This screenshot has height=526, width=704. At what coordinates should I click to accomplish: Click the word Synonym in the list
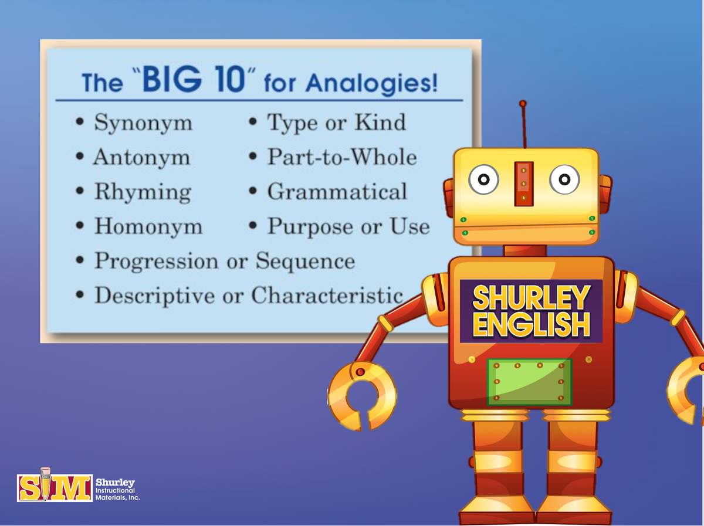(x=143, y=123)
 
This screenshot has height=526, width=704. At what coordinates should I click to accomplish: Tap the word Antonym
(x=141, y=158)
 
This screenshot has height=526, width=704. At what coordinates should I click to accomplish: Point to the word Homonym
(x=148, y=227)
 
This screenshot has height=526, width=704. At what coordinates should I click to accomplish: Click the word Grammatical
(x=337, y=192)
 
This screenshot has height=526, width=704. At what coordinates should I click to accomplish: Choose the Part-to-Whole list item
(x=342, y=157)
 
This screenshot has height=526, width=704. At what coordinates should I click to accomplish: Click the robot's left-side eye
(x=483, y=180)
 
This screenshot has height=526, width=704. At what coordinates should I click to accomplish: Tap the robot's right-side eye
(x=564, y=180)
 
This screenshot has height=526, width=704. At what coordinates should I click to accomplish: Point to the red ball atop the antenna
(x=523, y=104)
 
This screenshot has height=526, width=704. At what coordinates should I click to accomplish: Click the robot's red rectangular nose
(x=524, y=183)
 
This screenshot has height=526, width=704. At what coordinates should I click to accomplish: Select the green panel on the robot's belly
(x=530, y=382)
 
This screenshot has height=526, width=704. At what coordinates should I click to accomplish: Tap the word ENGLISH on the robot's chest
(x=531, y=325)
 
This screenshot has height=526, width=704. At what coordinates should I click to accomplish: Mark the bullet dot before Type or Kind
(x=252, y=123)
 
